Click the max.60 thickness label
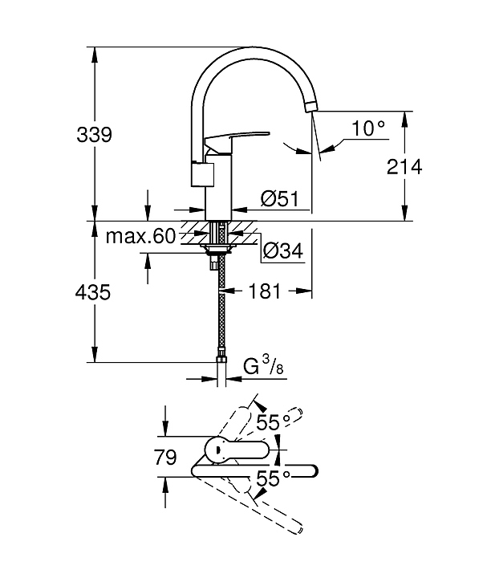click(x=140, y=236)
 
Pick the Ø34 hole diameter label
click(x=282, y=251)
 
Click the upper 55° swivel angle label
click(x=273, y=421)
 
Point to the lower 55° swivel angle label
click(x=273, y=479)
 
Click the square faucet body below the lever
click(x=206, y=172)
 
